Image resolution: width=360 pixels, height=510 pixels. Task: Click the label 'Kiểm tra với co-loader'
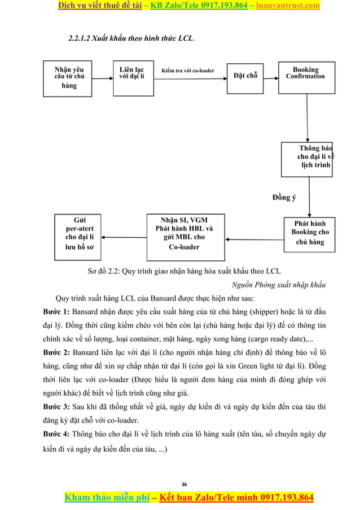click(x=187, y=71)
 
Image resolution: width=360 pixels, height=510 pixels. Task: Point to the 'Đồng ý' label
click(x=284, y=197)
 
